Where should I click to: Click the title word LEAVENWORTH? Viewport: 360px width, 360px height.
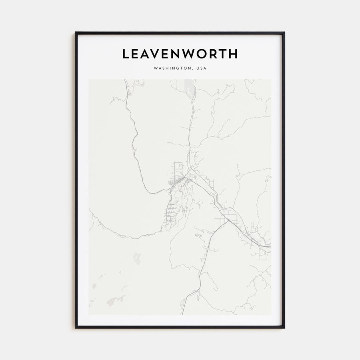[180, 54]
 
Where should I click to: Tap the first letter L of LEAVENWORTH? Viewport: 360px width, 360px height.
[126, 54]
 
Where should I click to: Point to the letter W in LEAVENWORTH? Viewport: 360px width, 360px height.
[192, 54]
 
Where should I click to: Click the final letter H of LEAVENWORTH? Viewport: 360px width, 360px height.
[233, 54]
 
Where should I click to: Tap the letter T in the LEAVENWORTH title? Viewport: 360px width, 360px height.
[224, 54]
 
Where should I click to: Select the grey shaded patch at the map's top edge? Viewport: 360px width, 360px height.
[188, 86]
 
